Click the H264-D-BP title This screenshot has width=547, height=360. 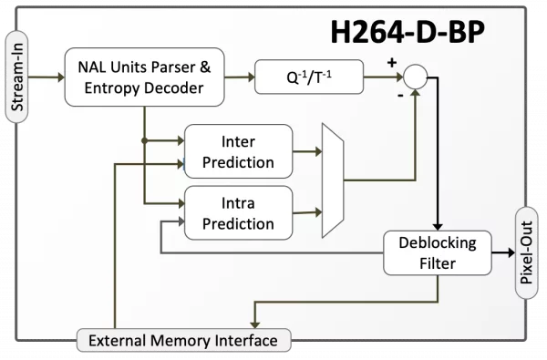(x=408, y=32)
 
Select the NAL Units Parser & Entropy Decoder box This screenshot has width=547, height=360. (x=144, y=77)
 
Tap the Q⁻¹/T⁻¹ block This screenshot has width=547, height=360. (x=309, y=77)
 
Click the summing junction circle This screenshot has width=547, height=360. (x=415, y=77)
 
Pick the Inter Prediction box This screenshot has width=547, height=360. (x=238, y=151)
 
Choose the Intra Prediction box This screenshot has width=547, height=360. (x=238, y=212)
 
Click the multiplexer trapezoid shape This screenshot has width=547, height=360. (x=333, y=180)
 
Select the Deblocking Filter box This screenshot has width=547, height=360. (x=438, y=252)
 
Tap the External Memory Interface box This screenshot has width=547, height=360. (x=183, y=340)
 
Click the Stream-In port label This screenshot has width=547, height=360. (x=16, y=77)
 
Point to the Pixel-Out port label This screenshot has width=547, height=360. (x=527, y=252)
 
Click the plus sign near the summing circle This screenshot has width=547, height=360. (x=392, y=63)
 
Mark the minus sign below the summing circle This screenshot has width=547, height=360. (x=400, y=95)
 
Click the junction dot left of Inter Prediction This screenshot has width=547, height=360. (x=144, y=140)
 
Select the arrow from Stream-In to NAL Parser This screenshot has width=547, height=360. (x=46, y=77)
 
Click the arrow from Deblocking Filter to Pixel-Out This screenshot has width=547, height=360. (x=503, y=252)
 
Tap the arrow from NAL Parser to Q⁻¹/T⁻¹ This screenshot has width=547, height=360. (x=240, y=77)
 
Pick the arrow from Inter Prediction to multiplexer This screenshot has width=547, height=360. (x=307, y=151)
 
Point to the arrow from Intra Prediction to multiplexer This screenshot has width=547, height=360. (x=307, y=212)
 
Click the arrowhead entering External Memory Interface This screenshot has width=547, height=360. (x=255, y=324)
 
